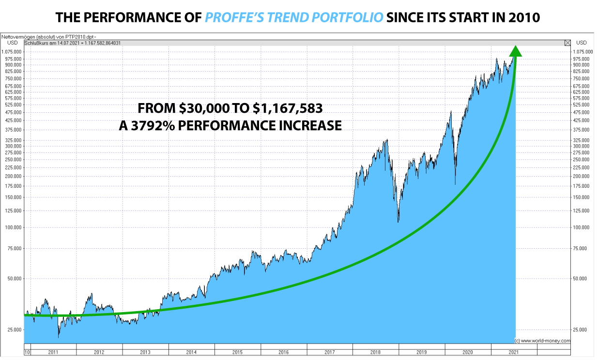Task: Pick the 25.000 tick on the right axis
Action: tap(580, 330)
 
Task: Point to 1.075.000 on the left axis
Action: tap(11, 52)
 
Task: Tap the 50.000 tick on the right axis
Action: tap(580, 279)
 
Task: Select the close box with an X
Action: tap(567, 43)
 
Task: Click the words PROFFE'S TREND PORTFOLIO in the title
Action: tap(294, 17)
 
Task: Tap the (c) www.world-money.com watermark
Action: tap(542, 341)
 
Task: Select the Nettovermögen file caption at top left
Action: tap(48, 36)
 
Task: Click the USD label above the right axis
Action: tap(581, 43)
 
